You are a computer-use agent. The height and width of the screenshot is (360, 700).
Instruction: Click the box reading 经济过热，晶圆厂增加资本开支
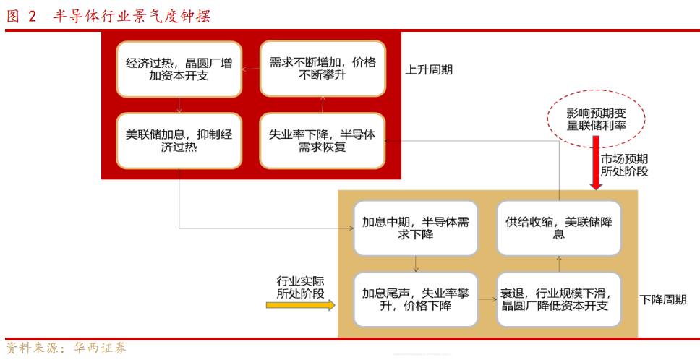[x=179, y=69]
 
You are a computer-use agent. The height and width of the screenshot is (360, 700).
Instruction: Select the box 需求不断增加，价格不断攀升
[x=323, y=69]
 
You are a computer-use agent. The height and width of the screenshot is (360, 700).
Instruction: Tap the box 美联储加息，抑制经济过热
[x=179, y=141]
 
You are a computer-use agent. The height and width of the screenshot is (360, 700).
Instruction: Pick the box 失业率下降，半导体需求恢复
[x=323, y=141]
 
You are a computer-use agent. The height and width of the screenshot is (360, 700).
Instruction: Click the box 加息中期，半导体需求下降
[x=415, y=228]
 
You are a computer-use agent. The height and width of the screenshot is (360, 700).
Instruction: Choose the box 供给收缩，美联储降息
[x=559, y=228]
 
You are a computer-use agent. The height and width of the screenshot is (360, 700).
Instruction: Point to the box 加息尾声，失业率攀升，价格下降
[x=415, y=299]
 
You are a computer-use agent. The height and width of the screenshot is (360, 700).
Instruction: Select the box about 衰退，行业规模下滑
[x=559, y=299]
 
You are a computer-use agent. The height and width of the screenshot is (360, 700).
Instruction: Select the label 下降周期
[x=662, y=299]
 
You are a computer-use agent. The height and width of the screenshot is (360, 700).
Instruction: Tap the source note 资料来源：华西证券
[x=66, y=348]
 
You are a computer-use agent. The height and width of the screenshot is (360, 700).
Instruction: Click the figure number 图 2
[x=21, y=16]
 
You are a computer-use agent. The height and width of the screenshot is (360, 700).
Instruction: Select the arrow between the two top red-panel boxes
[x=250, y=69]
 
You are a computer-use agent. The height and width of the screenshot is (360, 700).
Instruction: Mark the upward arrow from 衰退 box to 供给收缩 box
[x=559, y=263]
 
